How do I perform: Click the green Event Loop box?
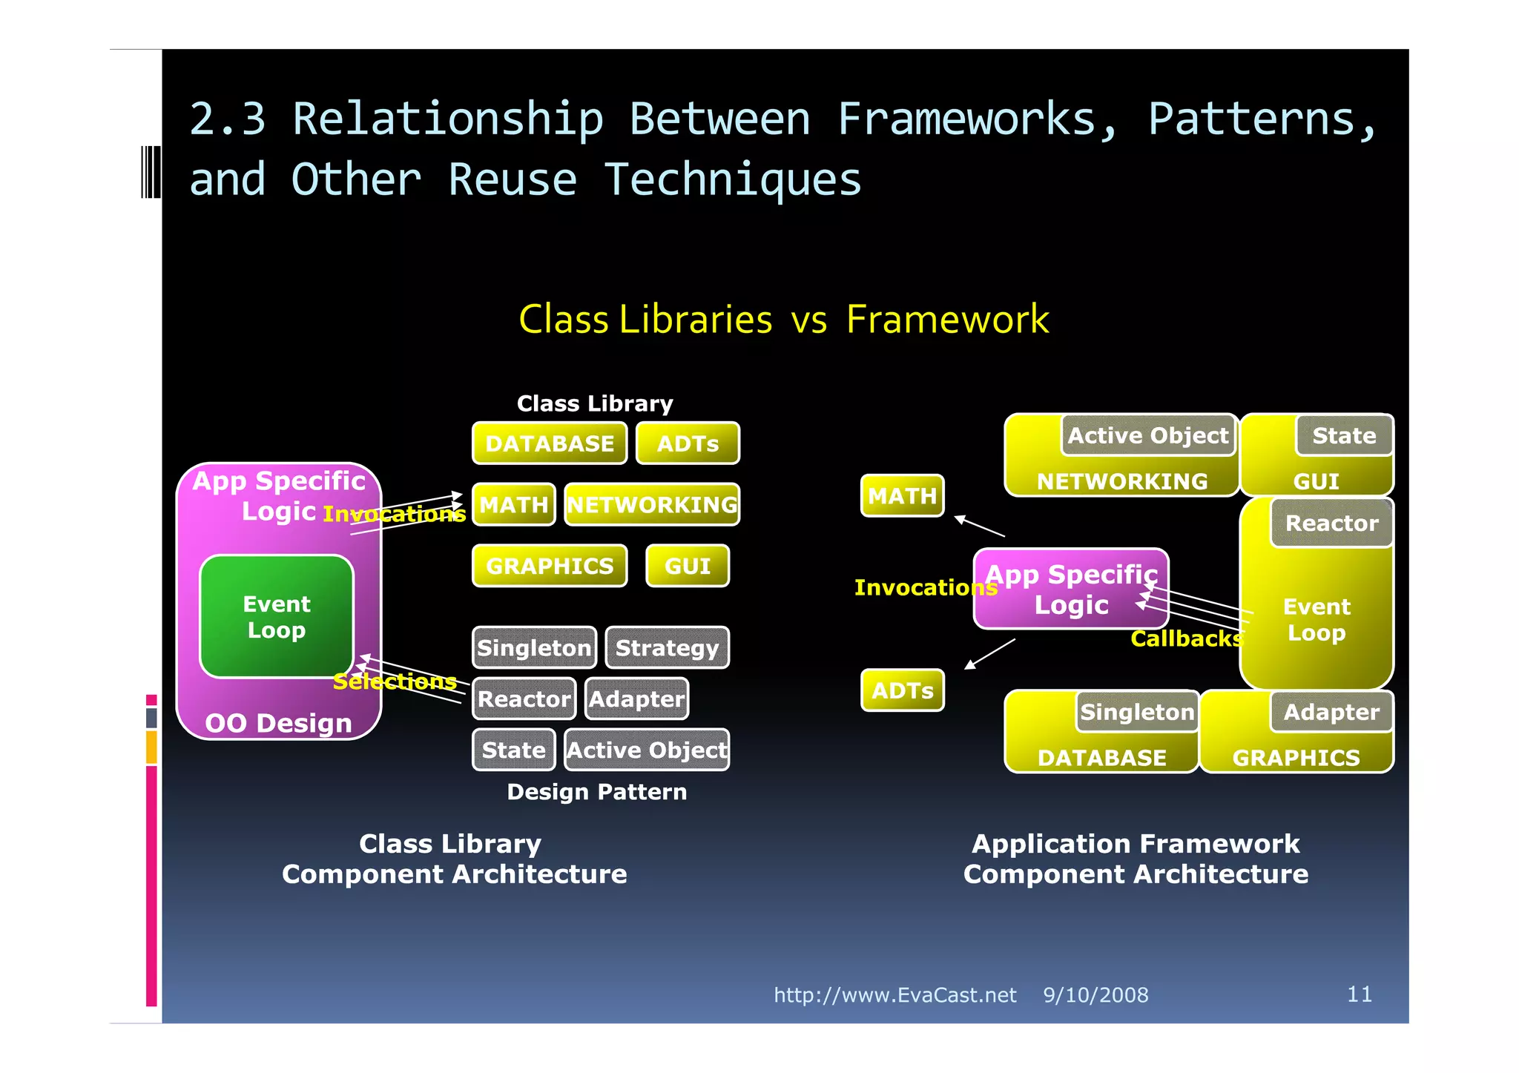tap(277, 616)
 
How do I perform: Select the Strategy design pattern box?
tap(667, 648)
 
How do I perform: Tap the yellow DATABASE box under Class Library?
tap(550, 443)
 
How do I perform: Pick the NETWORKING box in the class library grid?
tap(652, 505)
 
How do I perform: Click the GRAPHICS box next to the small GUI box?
tap(550, 567)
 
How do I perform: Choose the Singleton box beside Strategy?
tap(534, 648)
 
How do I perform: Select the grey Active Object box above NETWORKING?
tap(1147, 435)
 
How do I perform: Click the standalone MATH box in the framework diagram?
tap(902, 495)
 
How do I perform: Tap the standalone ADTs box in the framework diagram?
tap(902, 690)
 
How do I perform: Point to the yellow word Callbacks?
tap(1186, 638)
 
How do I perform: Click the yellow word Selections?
tap(395, 681)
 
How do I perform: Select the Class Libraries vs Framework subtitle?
tap(783, 320)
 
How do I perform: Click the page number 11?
tap(1359, 994)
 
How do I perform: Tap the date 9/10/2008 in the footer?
tap(1095, 995)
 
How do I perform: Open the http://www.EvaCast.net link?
tap(894, 995)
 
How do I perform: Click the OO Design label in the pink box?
tap(278, 723)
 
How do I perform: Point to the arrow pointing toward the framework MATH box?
tap(979, 526)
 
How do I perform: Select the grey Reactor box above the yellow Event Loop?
tap(1331, 524)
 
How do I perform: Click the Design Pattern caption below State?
tap(596, 792)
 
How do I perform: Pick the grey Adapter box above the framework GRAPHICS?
tap(1331, 713)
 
